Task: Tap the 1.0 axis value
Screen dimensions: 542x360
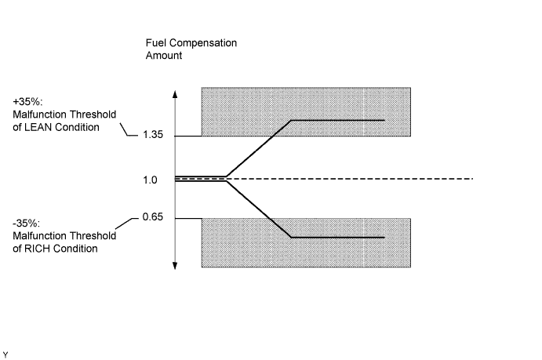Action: (150, 180)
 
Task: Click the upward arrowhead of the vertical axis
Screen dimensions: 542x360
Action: (175, 93)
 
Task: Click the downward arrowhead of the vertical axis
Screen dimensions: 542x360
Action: (175, 265)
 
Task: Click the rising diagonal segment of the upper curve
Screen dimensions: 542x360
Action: (259, 150)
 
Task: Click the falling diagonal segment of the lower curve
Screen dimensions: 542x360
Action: (259, 209)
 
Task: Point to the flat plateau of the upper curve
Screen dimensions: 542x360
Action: (337, 120)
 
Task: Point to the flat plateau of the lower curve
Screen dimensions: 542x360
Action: (337, 237)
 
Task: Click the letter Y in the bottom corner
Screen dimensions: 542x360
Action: (5, 354)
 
